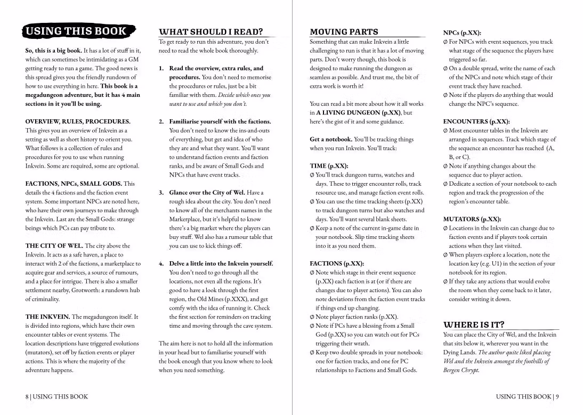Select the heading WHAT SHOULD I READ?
211,32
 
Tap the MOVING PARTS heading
344,32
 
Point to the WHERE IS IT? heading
474,325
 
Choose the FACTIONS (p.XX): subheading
337,263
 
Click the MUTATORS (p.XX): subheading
472,219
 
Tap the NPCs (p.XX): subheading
462,32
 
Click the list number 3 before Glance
161,193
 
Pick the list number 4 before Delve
161,263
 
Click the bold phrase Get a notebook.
331,139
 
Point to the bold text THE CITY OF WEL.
54,246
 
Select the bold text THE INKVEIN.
47,317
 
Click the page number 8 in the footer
27,396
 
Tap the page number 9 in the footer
557,396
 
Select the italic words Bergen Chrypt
461,370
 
